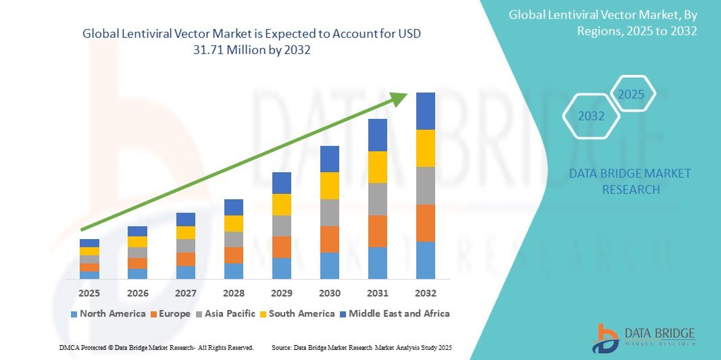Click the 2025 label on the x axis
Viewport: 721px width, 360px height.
point(89,293)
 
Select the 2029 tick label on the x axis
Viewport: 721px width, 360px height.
point(282,293)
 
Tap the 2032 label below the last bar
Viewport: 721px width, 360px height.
point(426,293)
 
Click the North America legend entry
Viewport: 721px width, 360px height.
point(108,313)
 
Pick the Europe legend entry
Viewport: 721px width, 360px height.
point(170,313)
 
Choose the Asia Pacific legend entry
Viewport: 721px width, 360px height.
point(226,313)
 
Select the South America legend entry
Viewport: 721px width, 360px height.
point(298,313)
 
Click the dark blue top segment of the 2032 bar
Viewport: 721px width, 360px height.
point(426,111)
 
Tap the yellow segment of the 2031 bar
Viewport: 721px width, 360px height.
point(378,167)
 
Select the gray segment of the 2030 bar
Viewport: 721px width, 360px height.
point(330,212)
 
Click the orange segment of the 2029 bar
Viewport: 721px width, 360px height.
point(282,247)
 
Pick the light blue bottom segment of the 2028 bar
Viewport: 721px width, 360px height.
point(234,271)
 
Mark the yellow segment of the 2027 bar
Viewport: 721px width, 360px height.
point(186,232)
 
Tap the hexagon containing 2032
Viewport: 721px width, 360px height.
point(591,116)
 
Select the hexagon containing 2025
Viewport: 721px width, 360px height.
point(632,94)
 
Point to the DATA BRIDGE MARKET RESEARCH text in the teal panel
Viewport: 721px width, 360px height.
point(630,182)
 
